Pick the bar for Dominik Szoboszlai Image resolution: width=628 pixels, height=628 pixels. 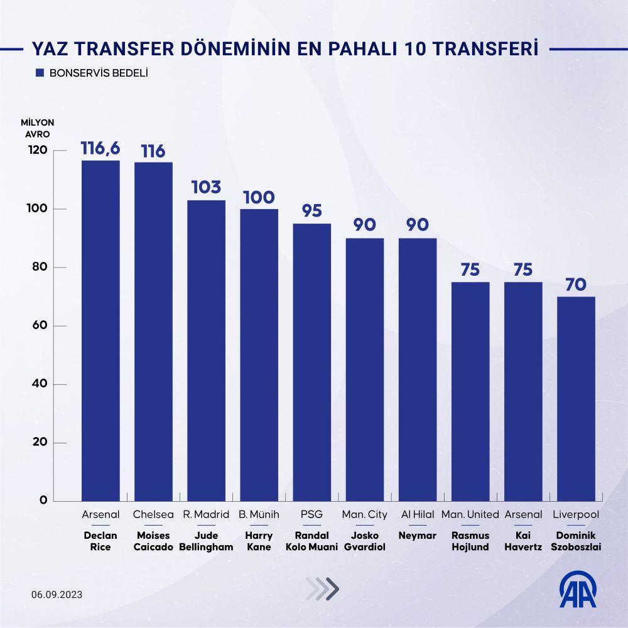click(x=576, y=399)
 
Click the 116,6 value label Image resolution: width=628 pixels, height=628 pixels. click(x=100, y=149)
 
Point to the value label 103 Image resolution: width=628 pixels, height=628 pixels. click(x=206, y=187)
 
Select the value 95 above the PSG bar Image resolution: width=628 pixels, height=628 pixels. click(x=311, y=210)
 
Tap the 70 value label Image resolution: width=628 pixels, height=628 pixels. click(x=576, y=284)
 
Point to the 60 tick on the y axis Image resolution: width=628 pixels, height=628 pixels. click(x=40, y=325)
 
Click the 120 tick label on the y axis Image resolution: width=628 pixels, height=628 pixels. click(x=37, y=150)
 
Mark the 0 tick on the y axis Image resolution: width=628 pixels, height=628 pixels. click(x=43, y=501)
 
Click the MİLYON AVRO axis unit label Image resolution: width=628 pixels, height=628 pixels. click(x=38, y=127)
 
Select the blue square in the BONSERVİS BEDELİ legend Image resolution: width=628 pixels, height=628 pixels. click(x=40, y=73)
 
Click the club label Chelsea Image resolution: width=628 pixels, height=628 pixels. click(x=153, y=514)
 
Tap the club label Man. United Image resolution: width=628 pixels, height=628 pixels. click(x=470, y=514)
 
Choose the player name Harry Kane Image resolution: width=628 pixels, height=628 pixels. click(x=259, y=541)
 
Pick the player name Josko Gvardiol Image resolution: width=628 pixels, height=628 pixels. click(x=364, y=541)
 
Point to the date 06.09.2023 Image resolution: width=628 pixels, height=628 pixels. click(x=57, y=595)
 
